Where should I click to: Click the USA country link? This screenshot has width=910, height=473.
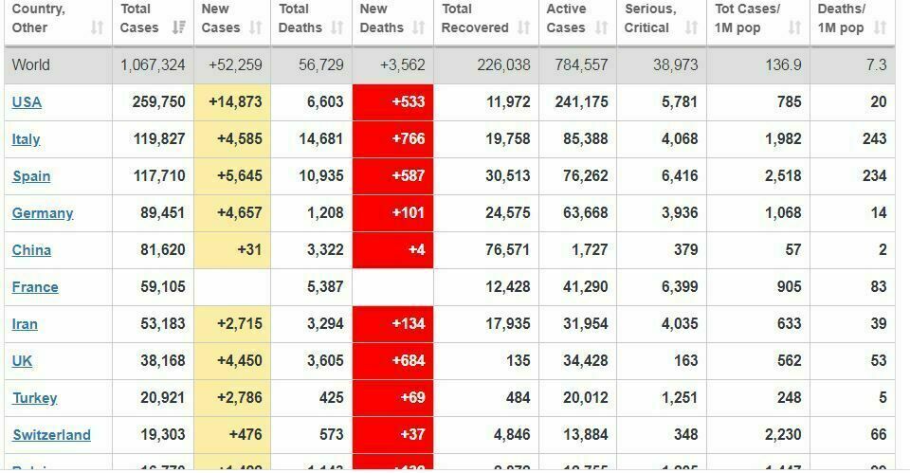27,102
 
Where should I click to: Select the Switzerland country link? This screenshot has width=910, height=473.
51,435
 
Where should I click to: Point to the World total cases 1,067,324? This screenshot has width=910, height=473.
153,65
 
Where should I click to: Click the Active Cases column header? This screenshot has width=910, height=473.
566,18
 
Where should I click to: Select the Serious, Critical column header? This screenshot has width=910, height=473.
650,18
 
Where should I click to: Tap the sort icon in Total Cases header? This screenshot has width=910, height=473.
178,28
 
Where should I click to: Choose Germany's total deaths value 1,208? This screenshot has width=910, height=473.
325,213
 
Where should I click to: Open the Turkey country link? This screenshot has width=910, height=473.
34,398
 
